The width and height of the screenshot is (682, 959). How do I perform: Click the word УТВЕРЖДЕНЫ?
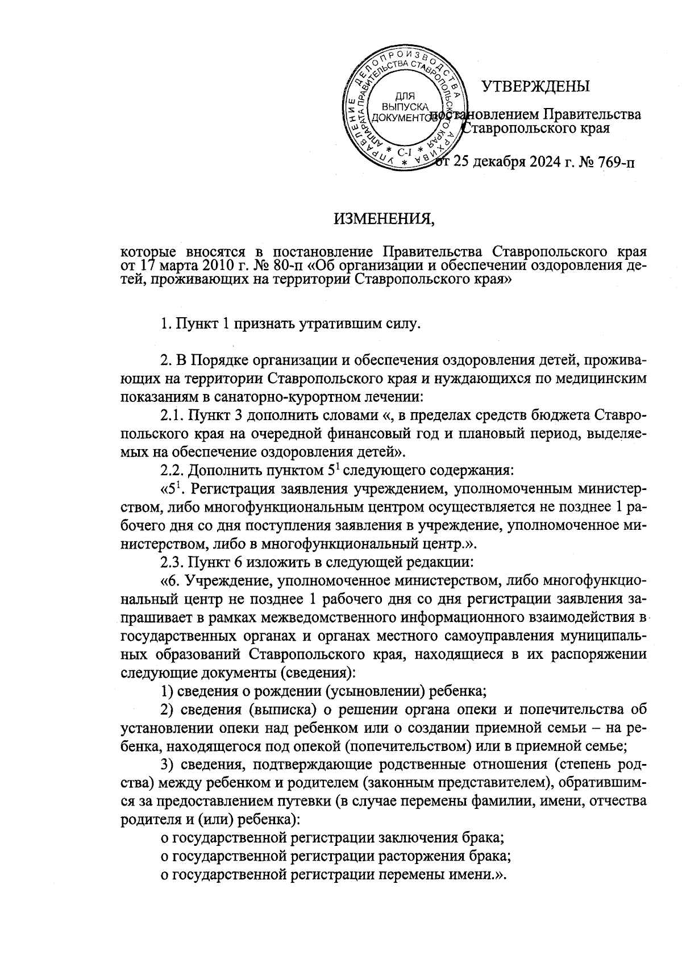[x=535, y=86]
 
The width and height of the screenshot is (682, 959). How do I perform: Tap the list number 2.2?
[x=172, y=470]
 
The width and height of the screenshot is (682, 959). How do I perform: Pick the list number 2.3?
[x=172, y=562]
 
